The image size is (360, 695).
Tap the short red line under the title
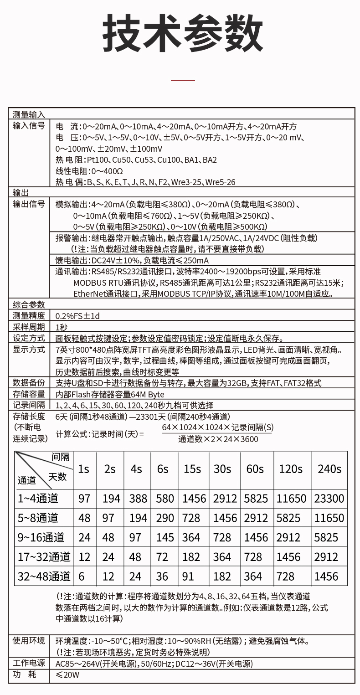tap(182, 80)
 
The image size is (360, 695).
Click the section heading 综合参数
tap(29, 304)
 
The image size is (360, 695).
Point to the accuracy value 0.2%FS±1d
tap(77, 316)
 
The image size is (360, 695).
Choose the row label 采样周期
tap(29, 327)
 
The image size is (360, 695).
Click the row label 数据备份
tap(29, 382)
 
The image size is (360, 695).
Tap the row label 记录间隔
tap(29, 405)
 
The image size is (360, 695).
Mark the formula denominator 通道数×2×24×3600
tap(218, 439)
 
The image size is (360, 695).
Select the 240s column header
tap(329, 469)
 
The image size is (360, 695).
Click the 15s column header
tap(192, 469)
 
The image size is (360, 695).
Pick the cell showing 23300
tap(329, 499)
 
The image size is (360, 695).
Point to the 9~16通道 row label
tap(41, 537)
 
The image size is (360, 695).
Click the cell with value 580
tap(165, 499)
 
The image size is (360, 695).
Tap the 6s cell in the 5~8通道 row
tap(165, 518)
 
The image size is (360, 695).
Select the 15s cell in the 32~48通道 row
tap(188, 577)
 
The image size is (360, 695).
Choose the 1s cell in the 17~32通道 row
tap(84, 557)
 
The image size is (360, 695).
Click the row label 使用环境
tap(29, 641)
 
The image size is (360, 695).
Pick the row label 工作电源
tap(29, 663)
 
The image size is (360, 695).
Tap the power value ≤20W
tap(67, 675)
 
